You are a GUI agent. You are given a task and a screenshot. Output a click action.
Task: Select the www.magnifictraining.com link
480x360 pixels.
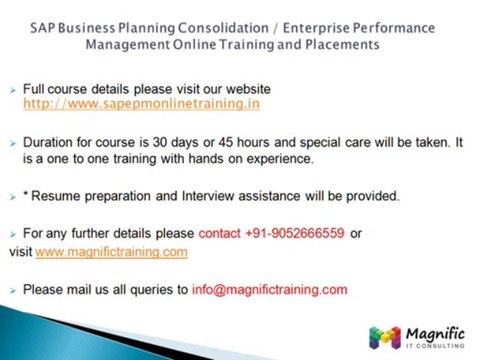(111, 252)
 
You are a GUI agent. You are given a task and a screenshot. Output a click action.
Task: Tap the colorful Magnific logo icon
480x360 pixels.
(385, 337)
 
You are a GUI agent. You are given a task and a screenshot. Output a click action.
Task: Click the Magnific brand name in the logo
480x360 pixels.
(434, 332)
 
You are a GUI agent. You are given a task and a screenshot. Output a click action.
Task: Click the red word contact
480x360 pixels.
(219, 233)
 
